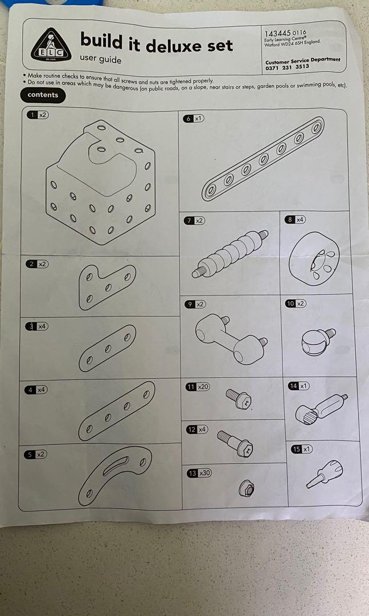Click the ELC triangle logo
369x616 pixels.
51,45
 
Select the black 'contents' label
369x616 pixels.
43,95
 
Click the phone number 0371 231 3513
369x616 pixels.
287,66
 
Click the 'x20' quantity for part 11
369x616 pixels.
203,387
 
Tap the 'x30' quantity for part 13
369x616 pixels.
204,473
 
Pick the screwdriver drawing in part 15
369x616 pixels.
325,474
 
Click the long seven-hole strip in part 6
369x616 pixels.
263,159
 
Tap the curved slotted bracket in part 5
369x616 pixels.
115,475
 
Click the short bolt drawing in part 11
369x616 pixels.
239,398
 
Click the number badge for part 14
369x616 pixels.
293,386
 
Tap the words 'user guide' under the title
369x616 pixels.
101,60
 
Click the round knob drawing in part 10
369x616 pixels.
318,340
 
